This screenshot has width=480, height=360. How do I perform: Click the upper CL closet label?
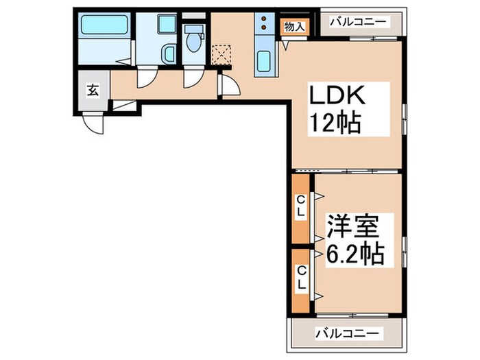point(300,207)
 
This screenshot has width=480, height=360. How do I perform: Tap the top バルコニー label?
point(358,22)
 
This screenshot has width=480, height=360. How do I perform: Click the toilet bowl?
point(193,39)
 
